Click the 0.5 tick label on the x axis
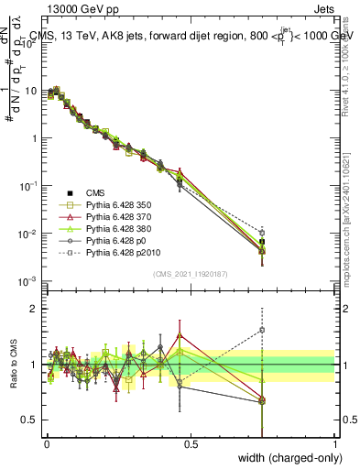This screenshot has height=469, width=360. point(191,442)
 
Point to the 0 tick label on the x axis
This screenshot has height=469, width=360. point(47,442)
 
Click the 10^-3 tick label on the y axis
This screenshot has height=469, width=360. point(27,281)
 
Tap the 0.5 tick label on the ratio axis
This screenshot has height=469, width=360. point(30,420)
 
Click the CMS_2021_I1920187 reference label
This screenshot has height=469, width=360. point(190,273)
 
